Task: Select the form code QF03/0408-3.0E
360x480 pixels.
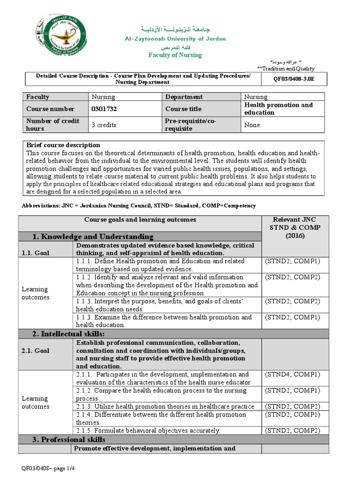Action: tap(294, 79)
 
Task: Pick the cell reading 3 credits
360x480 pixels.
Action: tap(104, 125)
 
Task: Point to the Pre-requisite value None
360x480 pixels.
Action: tap(252, 125)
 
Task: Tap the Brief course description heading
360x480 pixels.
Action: tap(63, 145)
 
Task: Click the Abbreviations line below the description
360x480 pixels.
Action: tap(139, 206)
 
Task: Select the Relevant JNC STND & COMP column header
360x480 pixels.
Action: tap(295, 228)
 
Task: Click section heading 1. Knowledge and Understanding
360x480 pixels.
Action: tap(93, 236)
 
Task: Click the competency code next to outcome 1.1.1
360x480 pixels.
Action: tap(292, 261)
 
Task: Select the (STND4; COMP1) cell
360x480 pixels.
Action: tap(292, 375)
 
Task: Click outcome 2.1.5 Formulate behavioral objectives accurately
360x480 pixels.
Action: tap(148, 430)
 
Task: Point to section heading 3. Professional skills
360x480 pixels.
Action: tap(69, 440)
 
